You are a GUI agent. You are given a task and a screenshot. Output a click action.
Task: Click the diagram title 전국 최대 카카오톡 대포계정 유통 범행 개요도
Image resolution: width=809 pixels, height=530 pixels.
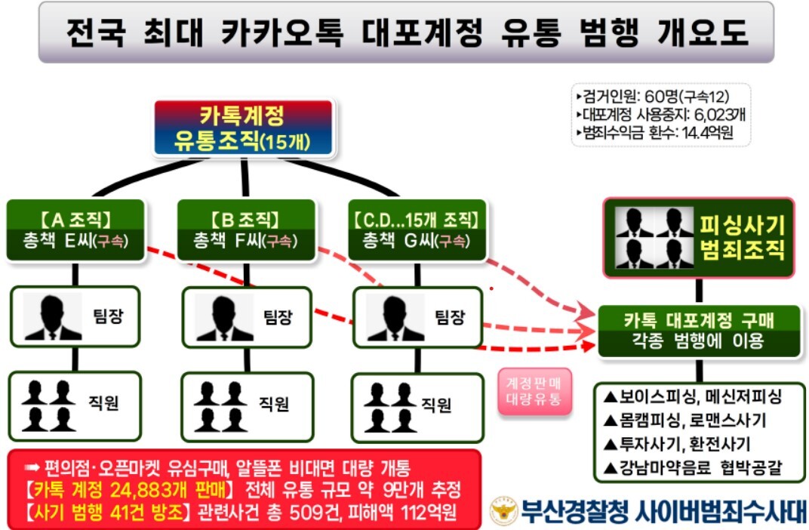[407, 32]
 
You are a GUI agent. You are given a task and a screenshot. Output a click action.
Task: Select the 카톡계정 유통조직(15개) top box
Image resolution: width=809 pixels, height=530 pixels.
[243, 128]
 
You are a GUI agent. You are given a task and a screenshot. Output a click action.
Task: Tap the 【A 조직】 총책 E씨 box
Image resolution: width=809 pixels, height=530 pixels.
[75, 230]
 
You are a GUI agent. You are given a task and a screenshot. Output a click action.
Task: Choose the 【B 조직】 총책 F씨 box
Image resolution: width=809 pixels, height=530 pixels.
[246, 230]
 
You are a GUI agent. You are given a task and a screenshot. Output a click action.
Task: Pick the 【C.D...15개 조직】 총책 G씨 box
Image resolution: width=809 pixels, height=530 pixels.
[417, 230]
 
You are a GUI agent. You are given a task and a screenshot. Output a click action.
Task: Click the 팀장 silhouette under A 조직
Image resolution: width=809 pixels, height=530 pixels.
[53, 317]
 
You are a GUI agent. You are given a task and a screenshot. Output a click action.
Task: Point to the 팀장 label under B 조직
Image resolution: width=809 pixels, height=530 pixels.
[278, 316]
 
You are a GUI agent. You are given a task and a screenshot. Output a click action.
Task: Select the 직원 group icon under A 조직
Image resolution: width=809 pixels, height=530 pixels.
[48, 405]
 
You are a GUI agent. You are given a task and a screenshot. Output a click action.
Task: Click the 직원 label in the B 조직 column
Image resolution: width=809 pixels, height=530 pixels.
[274, 404]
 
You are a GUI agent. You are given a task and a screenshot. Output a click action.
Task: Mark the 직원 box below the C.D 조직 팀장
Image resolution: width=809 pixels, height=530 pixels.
[417, 408]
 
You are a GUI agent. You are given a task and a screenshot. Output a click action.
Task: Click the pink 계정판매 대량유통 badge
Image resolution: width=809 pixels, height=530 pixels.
[534, 391]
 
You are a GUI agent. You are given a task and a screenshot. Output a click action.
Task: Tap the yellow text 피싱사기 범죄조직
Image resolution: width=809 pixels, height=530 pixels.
[742, 237]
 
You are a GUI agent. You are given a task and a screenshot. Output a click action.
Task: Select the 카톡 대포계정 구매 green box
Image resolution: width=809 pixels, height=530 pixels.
[699, 331]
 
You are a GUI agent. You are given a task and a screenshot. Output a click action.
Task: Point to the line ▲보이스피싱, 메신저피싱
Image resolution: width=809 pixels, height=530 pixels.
[693, 396]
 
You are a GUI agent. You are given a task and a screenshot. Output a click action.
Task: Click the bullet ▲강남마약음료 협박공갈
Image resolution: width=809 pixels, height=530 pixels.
[693, 467]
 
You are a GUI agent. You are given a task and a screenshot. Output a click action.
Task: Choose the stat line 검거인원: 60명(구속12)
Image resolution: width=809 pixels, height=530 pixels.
[654, 97]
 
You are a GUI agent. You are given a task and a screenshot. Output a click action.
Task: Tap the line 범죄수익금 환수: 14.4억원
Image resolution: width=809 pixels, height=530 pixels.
[655, 133]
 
